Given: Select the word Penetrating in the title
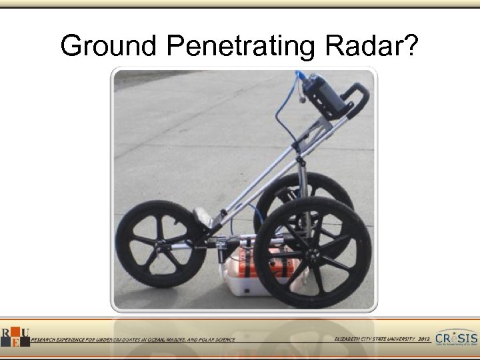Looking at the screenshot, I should click(241, 46).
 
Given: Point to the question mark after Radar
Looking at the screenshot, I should click(411, 46).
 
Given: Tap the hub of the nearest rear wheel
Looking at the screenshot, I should click(311, 252).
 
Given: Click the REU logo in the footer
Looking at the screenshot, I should click(15, 337).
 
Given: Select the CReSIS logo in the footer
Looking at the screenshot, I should click(456, 338).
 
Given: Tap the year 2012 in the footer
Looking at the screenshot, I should click(424, 339).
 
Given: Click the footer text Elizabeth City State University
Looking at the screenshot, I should click(376, 339).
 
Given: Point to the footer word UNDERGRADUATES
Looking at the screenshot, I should click(111, 339).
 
